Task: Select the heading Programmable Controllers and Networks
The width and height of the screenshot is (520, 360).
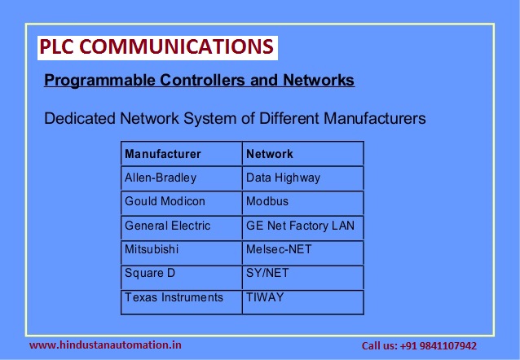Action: (x=199, y=81)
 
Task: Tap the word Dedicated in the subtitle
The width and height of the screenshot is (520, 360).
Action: (x=78, y=119)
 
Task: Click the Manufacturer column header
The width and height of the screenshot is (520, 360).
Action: (x=163, y=153)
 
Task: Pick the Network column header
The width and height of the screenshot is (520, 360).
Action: (x=269, y=153)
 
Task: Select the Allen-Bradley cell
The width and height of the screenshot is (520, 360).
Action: (x=161, y=177)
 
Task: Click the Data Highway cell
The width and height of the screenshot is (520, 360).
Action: (x=283, y=177)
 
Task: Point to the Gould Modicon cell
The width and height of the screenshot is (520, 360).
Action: (x=165, y=201)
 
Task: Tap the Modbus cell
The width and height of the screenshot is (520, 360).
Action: (x=267, y=201)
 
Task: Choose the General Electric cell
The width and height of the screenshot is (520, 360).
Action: (x=167, y=226)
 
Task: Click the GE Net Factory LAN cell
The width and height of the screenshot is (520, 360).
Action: (x=300, y=226)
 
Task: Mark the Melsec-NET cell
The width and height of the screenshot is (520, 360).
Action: (x=279, y=249)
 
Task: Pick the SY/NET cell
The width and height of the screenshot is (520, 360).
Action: (x=267, y=274)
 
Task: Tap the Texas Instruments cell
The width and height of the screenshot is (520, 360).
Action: (x=174, y=297)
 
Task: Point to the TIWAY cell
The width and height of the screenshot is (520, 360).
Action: (x=265, y=297)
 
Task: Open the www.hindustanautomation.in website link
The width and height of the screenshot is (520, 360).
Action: (x=106, y=345)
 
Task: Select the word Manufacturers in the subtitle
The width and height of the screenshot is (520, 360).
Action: (x=374, y=119)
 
